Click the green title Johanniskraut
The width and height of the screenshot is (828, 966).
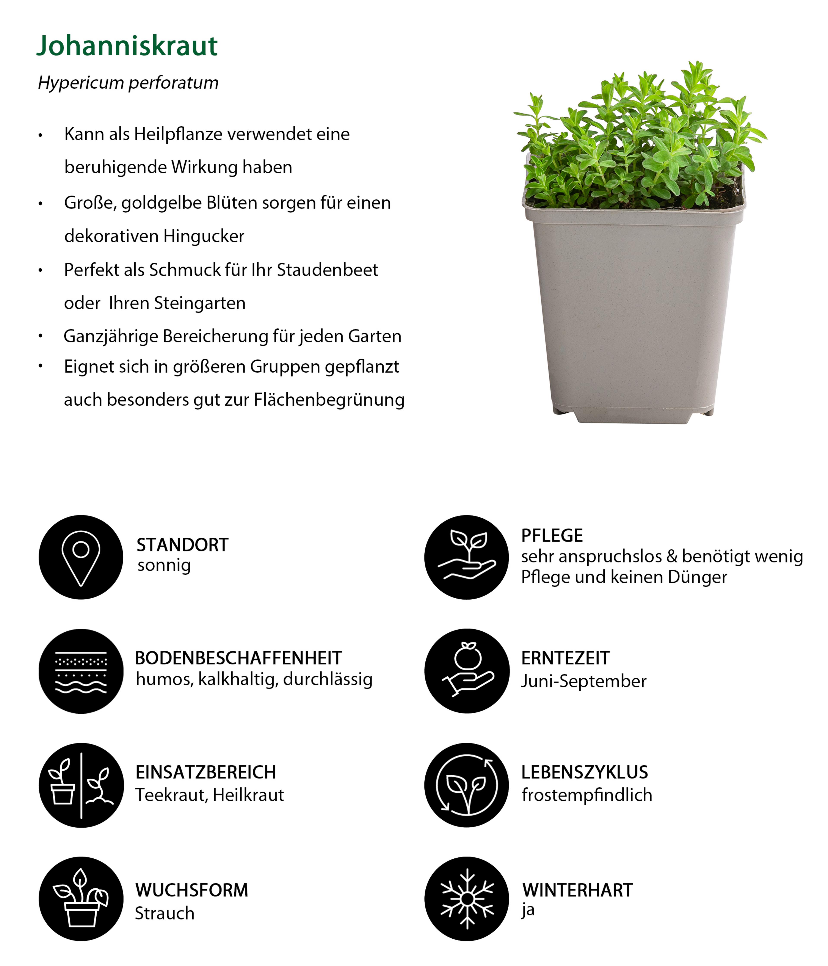(x=127, y=46)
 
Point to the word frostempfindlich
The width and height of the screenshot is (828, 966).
(x=586, y=795)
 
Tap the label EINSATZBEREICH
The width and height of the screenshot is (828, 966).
(x=206, y=773)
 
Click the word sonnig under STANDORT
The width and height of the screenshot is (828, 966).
(x=164, y=566)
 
